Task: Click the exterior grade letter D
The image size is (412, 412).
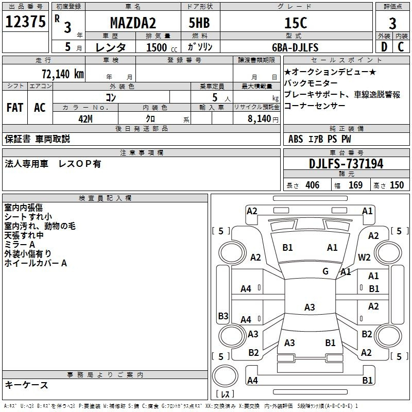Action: (384, 47)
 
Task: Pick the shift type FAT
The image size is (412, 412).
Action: (14, 108)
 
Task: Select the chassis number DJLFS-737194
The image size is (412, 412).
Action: (346, 164)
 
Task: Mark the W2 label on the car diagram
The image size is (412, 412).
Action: (365, 257)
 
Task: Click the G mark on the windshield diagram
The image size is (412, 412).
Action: (325, 271)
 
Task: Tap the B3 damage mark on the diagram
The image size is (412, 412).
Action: (223, 316)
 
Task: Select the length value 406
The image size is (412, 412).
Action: (312, 185)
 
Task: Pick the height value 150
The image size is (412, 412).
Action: (397, 185)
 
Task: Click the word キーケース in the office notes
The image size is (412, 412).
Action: (26, 385)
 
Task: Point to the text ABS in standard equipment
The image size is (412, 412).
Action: (296, 139)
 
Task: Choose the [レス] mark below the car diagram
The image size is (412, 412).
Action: (226, 395)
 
